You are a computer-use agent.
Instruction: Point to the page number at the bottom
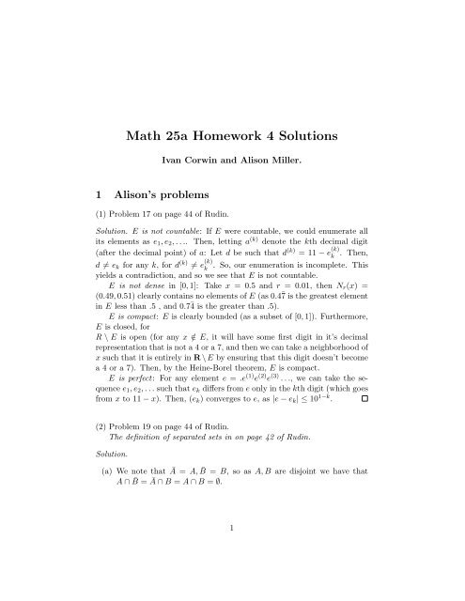[232, 581]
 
